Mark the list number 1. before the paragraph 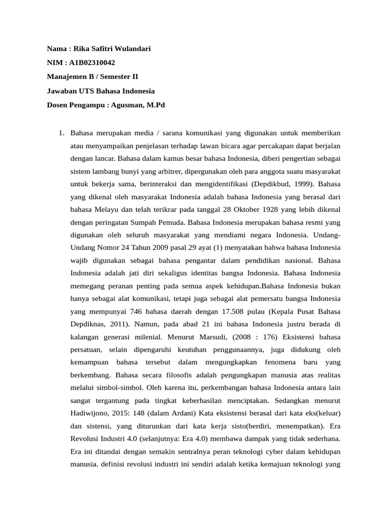point(62,133)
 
